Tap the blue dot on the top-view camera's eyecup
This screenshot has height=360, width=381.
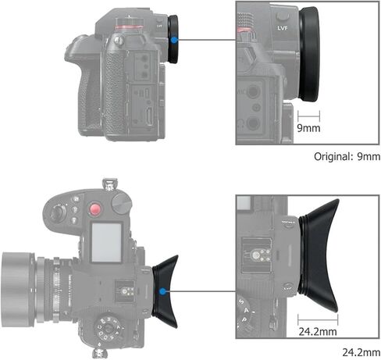(161, 292)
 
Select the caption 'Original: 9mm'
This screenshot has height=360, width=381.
(347, 156)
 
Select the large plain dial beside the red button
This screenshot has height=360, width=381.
(121, 204)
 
